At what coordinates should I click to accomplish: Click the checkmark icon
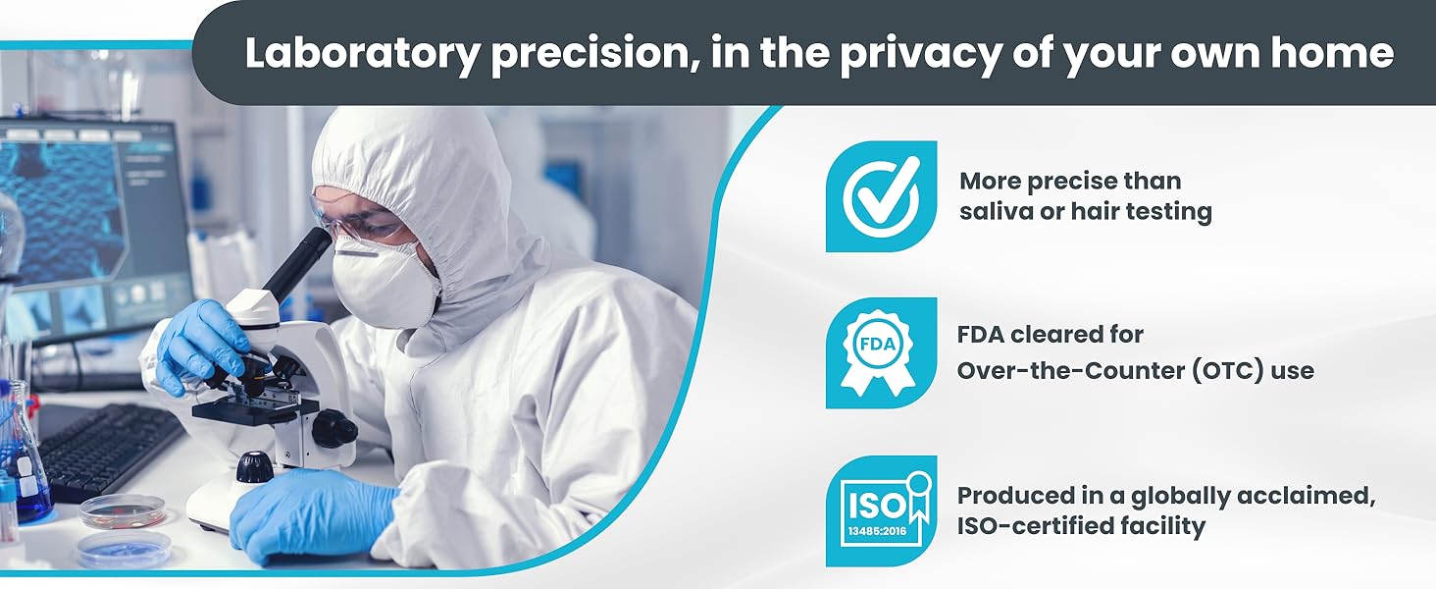pos(881,196)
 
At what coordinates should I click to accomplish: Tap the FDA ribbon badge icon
pos(880,352)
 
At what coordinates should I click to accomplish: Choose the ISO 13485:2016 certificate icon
pos(881,510)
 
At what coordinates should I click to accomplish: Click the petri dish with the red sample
pos(123,510)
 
